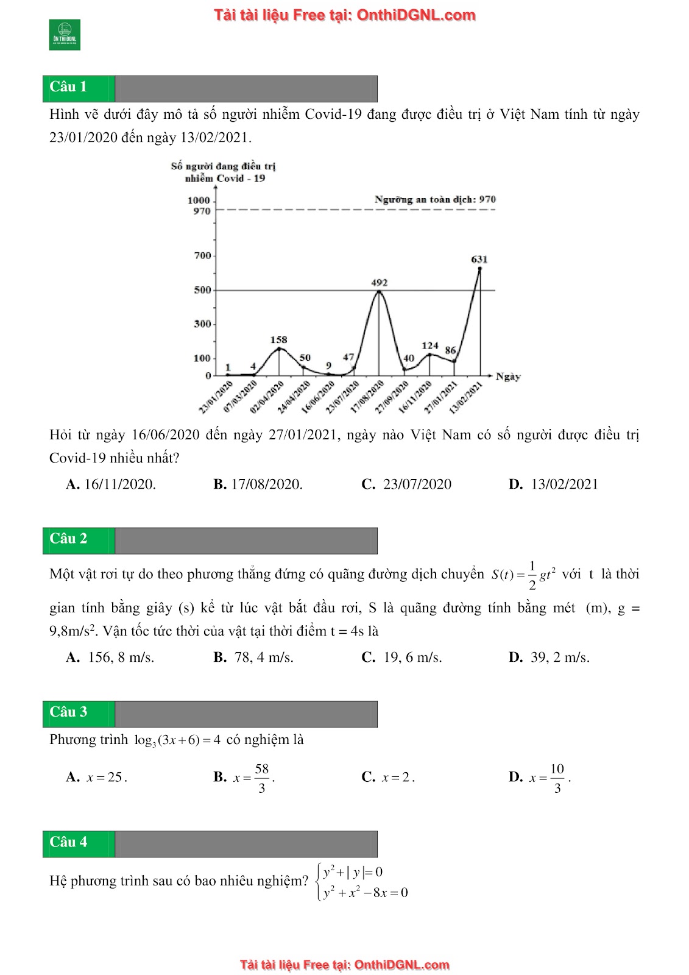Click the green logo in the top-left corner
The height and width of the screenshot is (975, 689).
point(65,35)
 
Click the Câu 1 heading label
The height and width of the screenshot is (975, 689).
point(68,87)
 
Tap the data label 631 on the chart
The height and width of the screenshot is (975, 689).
point(479,260)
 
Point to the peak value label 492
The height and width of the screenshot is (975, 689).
point(380,283)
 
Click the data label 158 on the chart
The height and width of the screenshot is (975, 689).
point(278,340)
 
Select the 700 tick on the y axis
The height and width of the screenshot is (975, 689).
point(202,256)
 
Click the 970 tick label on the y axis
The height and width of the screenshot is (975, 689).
point(202,211)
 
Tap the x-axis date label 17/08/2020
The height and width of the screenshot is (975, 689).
point(367,397)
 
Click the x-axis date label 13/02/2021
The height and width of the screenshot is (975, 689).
point(466,397)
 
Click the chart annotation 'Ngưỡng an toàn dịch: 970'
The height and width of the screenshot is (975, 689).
point(435,199)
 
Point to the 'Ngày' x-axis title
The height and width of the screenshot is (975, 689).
point(508,377)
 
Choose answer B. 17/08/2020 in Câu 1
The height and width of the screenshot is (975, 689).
point(258,484)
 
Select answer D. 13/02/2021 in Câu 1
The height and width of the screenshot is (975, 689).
point(553,484)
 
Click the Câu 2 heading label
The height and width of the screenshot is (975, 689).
point(68,539)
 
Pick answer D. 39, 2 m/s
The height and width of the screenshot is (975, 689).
point(549,658)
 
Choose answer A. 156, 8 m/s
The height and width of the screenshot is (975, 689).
point(110,658)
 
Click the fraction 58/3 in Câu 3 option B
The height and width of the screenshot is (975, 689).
point(262,778)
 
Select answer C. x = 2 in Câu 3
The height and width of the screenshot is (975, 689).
point(388,778)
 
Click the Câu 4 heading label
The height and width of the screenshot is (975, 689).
point(68,842)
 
